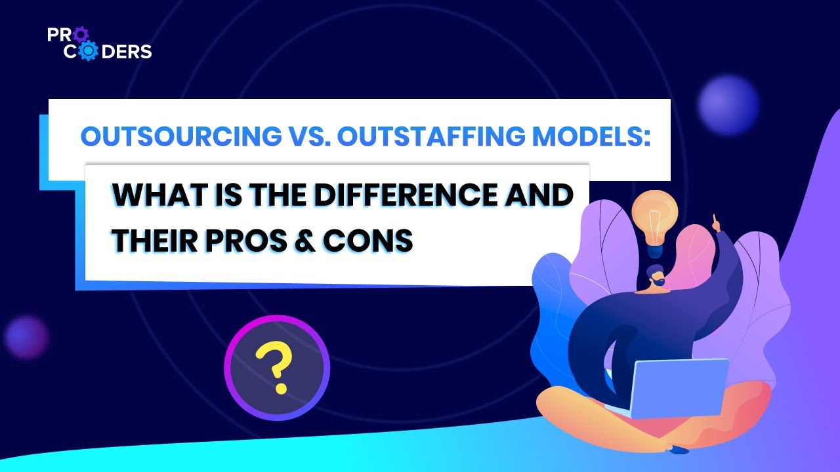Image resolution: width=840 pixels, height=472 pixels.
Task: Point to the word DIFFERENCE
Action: [x=396, y=197]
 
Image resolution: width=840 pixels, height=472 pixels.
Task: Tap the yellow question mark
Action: [x=275, y=368]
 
